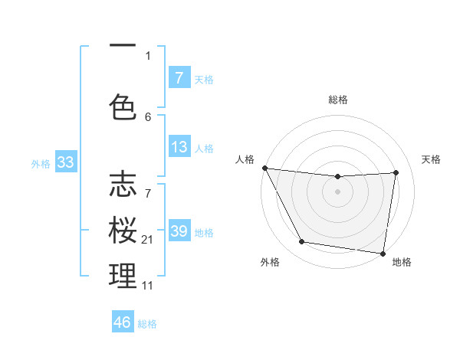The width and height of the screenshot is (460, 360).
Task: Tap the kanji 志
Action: [x=123, y=185]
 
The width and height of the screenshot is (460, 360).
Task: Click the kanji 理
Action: [x=123, y=277]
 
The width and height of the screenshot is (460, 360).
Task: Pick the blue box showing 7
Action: [x=179, y=78]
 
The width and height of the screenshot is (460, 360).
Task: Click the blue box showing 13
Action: [x=179, y=148]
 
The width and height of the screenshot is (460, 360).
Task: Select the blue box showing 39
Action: [x=179, y=231]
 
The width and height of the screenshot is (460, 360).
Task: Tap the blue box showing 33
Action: [x=65, y=162]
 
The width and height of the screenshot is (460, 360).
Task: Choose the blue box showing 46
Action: [x=123, y=322]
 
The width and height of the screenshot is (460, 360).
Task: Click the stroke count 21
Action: [x=149, y=240]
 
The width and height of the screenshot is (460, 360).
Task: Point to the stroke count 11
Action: [x=149, y=286]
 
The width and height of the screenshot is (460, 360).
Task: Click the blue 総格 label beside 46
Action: [x=148, y=324]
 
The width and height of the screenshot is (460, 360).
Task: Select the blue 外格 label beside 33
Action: [x=41, y=163]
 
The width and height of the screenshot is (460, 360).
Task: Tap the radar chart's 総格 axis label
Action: [x=338, y=100]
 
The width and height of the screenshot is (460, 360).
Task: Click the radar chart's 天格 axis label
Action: [x=432, y=159]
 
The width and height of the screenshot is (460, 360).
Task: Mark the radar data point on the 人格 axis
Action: [x=264, y=168]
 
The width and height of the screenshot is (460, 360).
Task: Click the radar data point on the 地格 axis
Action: [x=383, y=253]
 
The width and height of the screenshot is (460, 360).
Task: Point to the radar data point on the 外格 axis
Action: [x=301, y=243]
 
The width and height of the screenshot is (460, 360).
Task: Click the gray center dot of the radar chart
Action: [x=338, y=191]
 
